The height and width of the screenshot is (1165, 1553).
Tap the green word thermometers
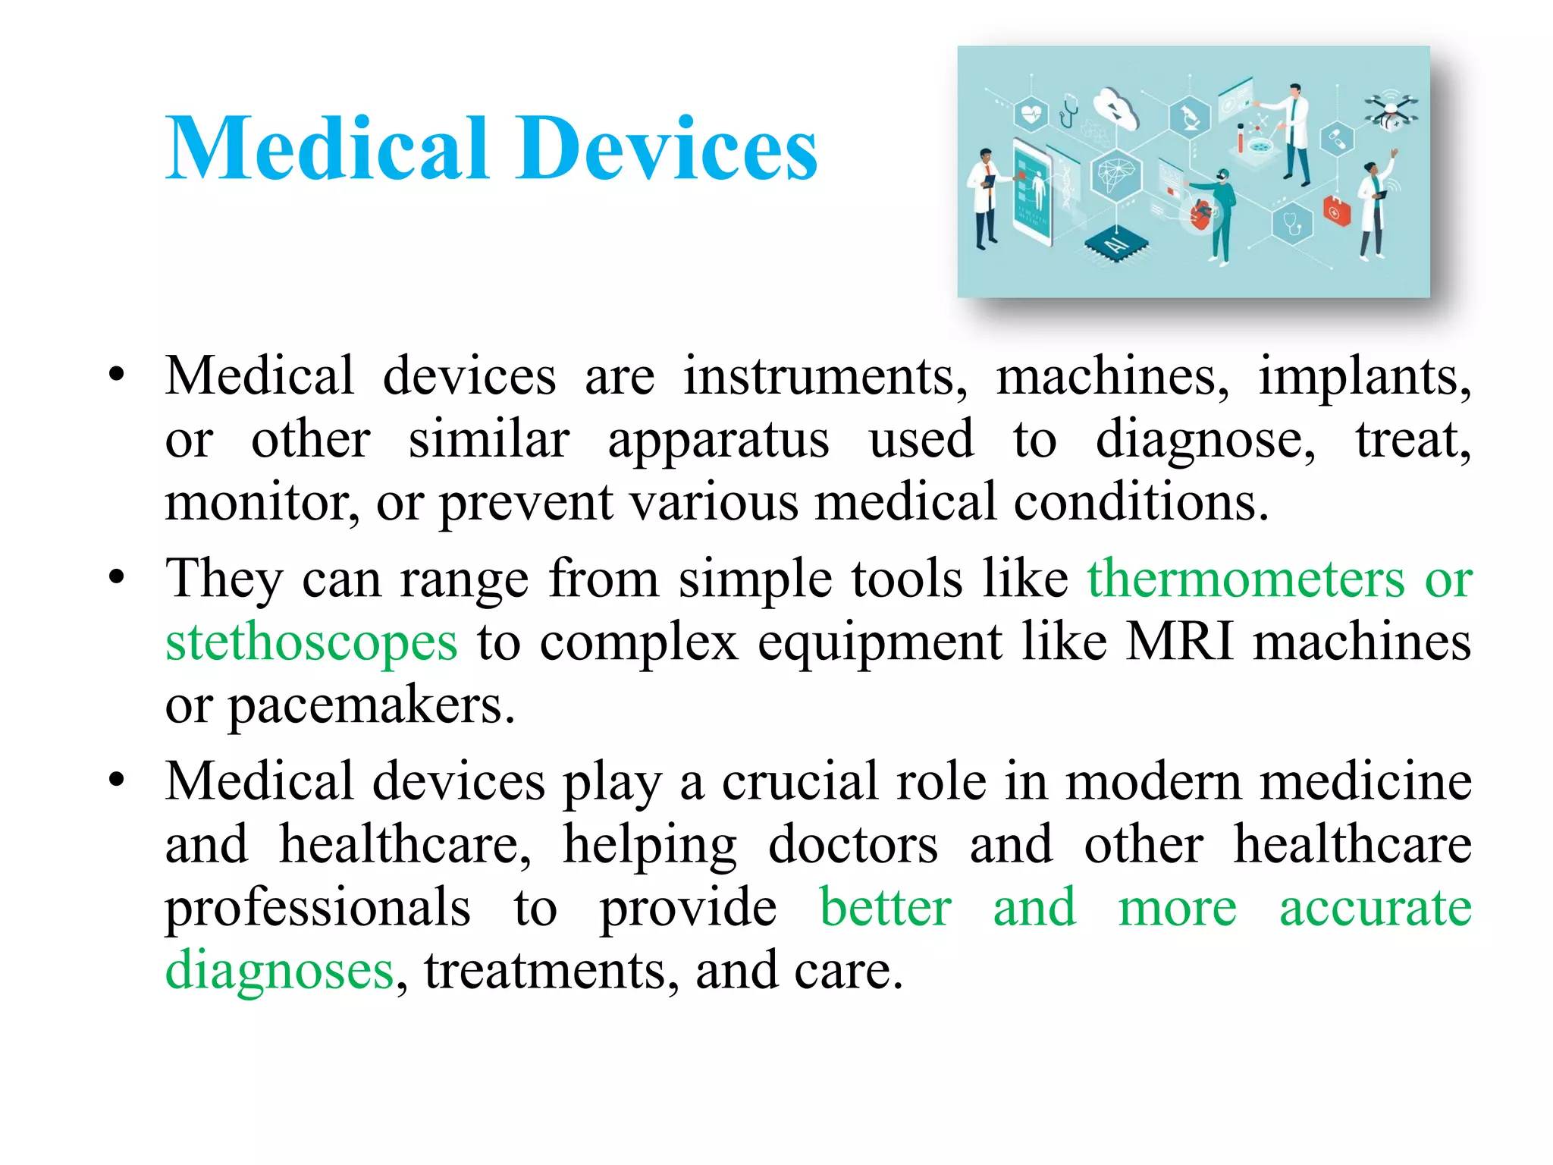[x=1246, y=579]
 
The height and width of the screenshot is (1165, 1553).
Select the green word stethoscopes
[x=311, y=642]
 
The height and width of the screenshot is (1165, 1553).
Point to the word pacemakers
[x=372, y=705]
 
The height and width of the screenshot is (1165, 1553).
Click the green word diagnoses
[x=279, y=970]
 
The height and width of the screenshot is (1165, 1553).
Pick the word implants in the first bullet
[x=1363, y=377]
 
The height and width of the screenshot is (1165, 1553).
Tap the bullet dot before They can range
[x=116, y=578]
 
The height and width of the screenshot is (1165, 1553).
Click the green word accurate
[x=1375, y=908]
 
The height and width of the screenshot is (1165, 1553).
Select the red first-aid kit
[x=1336, y=211]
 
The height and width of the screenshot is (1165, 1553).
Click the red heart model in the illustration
[x=1200, y=214]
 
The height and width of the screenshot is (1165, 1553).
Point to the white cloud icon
[x=1117, y=109]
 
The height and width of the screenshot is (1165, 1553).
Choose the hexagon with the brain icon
[x=1115, y=175]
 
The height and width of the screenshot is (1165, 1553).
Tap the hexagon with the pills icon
[x=1336, y=140]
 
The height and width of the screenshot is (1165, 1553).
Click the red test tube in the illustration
[x=1241, y=140]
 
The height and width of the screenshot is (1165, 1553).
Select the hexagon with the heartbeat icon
[x=1031, y=115]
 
